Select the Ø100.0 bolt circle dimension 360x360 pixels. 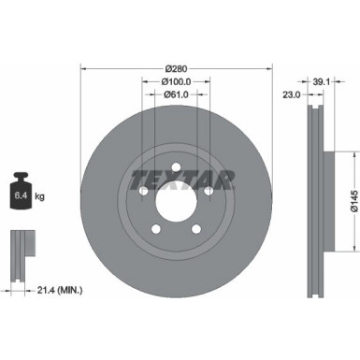coord(178,80)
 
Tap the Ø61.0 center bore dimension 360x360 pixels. coord(178,94)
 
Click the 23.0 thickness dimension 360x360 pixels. coord(291,94)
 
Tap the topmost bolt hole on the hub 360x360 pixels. coord(177,164)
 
